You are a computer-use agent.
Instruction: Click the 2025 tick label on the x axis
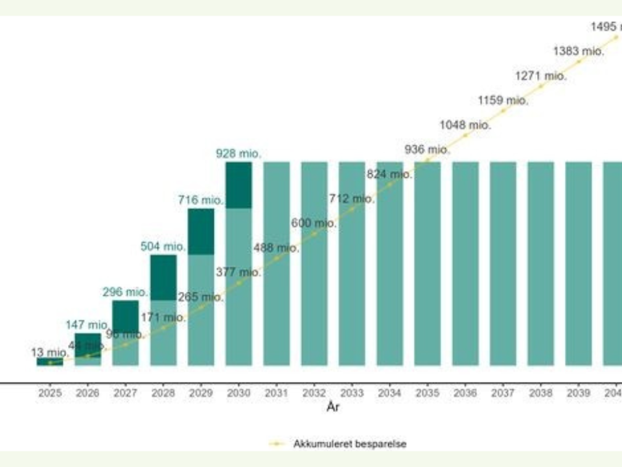coord(50,393)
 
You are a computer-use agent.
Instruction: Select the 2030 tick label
coord(239,393)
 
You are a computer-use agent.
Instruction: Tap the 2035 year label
coord(427,393)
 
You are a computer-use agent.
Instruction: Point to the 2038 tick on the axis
coord(541,393)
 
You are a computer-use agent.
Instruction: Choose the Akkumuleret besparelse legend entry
coord(350,444)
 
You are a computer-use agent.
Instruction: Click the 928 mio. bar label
coord(238,153)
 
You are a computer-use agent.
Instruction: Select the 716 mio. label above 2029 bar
coord(201,200)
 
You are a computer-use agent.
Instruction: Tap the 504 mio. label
coord(163,246)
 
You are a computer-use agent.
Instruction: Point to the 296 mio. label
coord(125,292)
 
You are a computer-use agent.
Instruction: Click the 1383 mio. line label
coord(579,51)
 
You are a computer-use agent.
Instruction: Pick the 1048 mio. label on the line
coord(465,125)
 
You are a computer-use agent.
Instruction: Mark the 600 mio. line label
coord(314,223)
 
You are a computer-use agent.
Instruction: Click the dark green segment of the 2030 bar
coord(239,185)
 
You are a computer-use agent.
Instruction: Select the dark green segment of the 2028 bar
coord(163,277)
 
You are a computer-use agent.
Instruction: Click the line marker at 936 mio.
coord(427,160)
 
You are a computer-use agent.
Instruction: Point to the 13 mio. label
coord(50,352)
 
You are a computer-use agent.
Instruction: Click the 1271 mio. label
coord(541,76)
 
